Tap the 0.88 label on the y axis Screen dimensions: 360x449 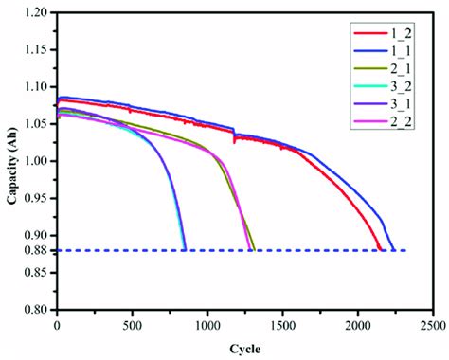(x=36, y=250)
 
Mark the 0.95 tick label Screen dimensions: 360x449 (x=36, y=198)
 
